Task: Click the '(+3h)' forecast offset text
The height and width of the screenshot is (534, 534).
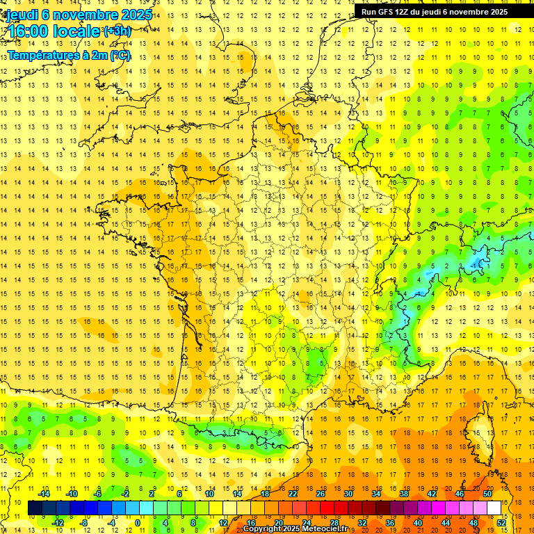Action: coord(116,31)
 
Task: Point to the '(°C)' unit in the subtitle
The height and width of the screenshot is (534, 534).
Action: coord(121,55)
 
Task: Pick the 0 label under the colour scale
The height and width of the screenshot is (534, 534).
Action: coord(137,523)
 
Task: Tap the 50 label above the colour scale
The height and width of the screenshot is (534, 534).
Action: coord(487,494)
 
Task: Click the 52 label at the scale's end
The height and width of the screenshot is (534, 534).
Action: coord(501,523)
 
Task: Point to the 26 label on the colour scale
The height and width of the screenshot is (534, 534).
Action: coord(321,494)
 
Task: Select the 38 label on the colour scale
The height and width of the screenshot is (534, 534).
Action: coord(404,494)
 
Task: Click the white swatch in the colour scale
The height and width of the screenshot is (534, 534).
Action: coord(494,508)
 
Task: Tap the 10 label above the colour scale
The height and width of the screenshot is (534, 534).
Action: coord(209,494)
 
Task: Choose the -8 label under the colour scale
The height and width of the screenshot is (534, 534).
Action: coord(84,523)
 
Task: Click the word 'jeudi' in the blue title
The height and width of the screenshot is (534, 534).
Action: coord(20,14)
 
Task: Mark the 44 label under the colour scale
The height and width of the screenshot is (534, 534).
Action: coord(446,523)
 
